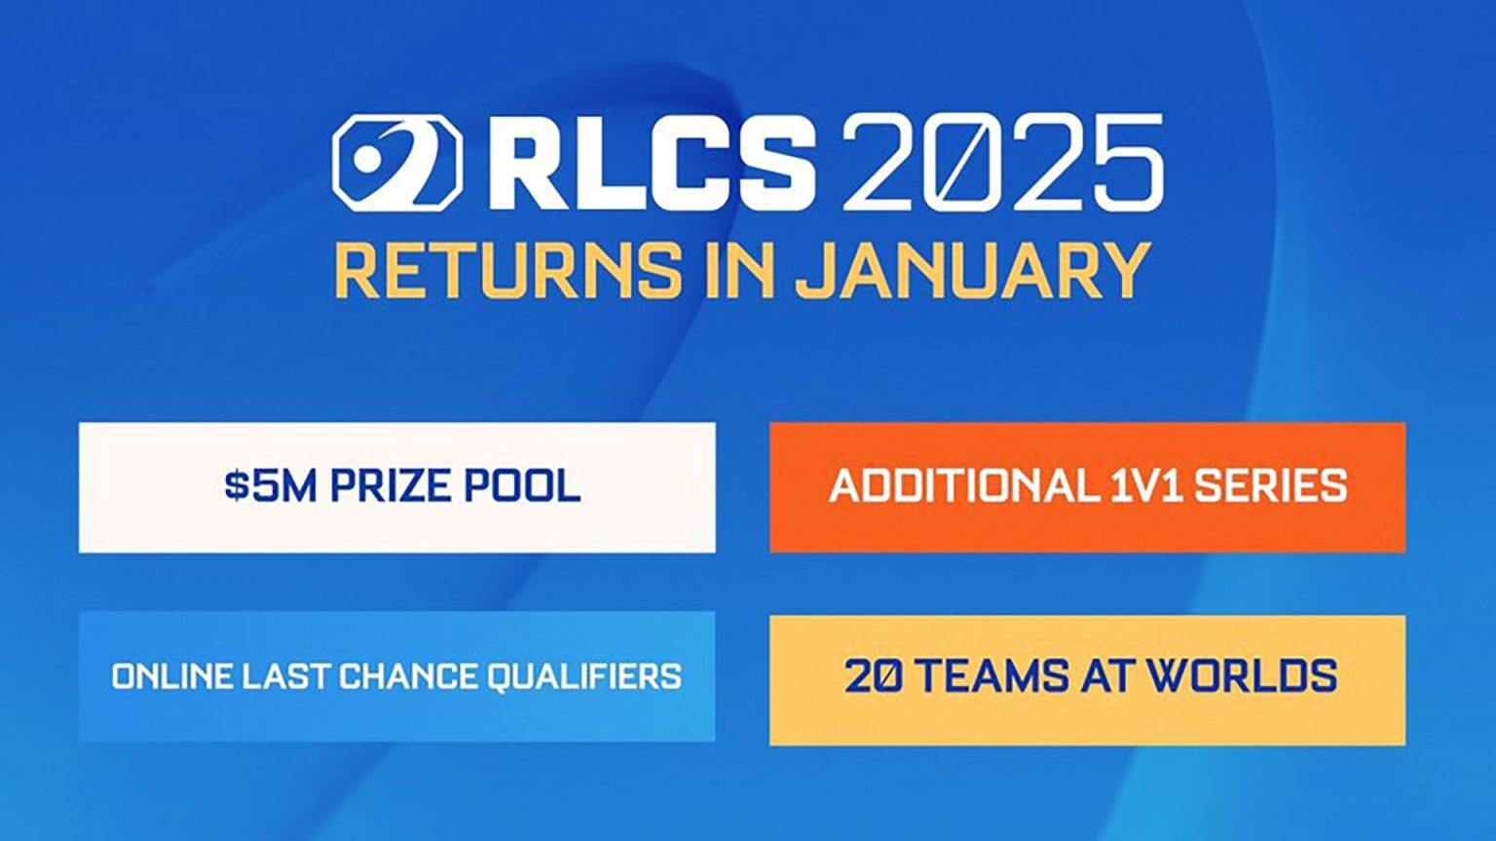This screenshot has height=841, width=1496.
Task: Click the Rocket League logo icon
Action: pyautogui.click(x=396, y=163)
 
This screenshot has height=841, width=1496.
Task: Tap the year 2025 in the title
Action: pyautogui.click(x=1002, y=163)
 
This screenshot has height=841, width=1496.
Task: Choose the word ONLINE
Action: pyautogui.click(x=170, y=676)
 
